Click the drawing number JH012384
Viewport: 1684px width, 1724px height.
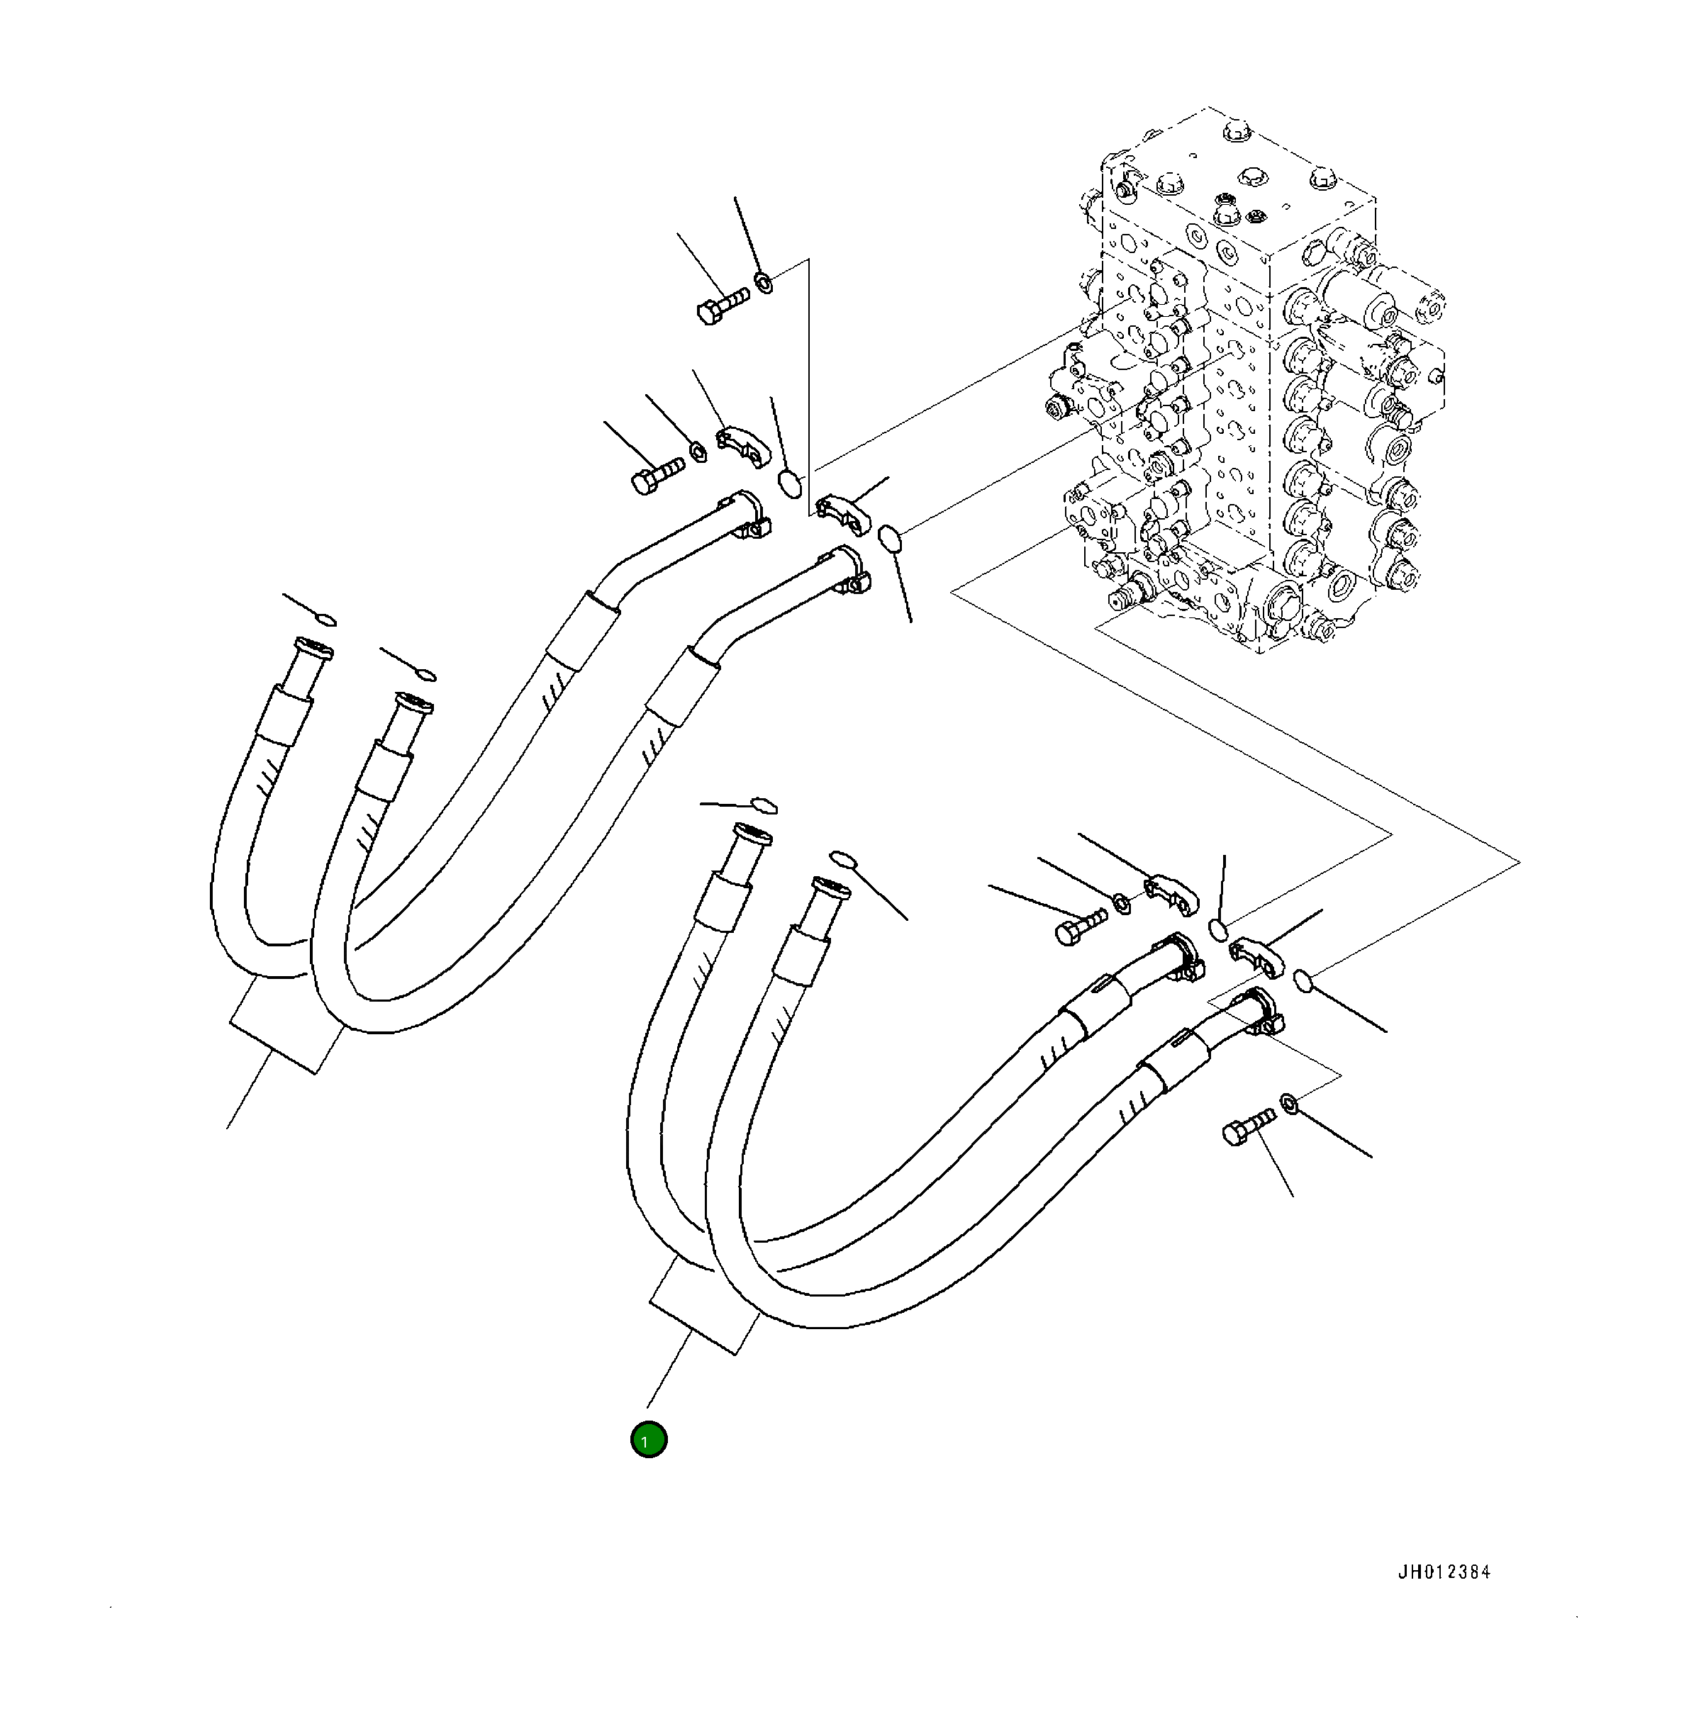coord(1444,1571)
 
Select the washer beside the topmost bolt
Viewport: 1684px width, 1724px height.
coord(763,283)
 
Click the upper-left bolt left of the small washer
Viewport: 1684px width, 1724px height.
coord(657,476)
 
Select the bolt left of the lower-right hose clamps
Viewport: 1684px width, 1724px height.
coord(1081,926)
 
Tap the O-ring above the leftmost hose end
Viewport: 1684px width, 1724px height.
coord(325,618)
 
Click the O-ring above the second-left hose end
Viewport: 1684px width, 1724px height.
coord(425,676)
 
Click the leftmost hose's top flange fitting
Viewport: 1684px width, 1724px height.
coord(313,650)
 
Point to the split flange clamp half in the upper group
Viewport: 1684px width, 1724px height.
coord(743,444)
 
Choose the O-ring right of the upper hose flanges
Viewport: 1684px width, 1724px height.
coord(890,537)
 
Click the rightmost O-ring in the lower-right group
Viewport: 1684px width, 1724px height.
coord(1302,980)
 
